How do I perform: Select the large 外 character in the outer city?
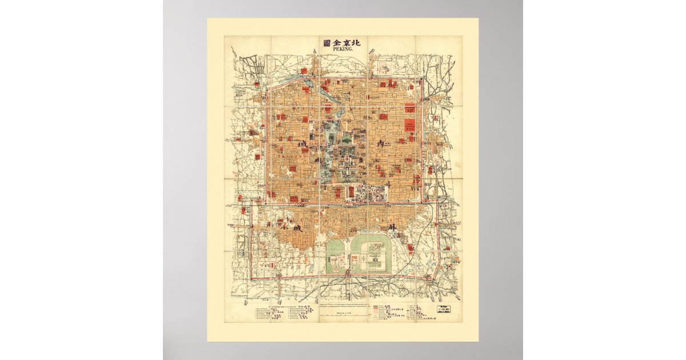[392, 227]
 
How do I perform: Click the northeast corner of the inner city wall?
[422, 78]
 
